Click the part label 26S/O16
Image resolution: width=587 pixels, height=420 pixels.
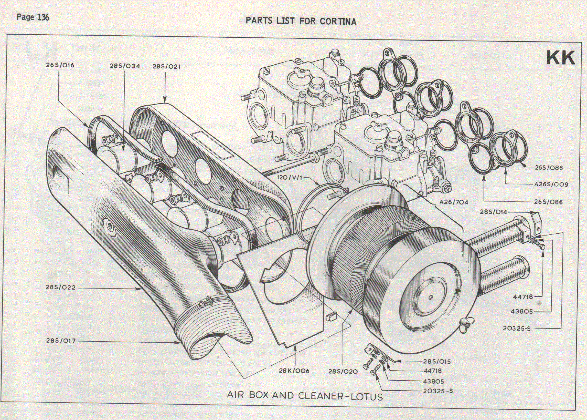[60, 65]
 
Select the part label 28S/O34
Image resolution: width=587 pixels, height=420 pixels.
[125, 66]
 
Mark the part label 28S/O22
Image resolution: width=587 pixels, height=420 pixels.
[61, 287]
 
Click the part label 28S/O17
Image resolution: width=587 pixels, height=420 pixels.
[61, 341]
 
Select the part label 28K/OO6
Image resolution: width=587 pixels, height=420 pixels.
[294, 371]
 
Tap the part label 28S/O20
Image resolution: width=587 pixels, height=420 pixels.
[343, 372]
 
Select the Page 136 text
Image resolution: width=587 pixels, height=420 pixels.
[33, 18]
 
